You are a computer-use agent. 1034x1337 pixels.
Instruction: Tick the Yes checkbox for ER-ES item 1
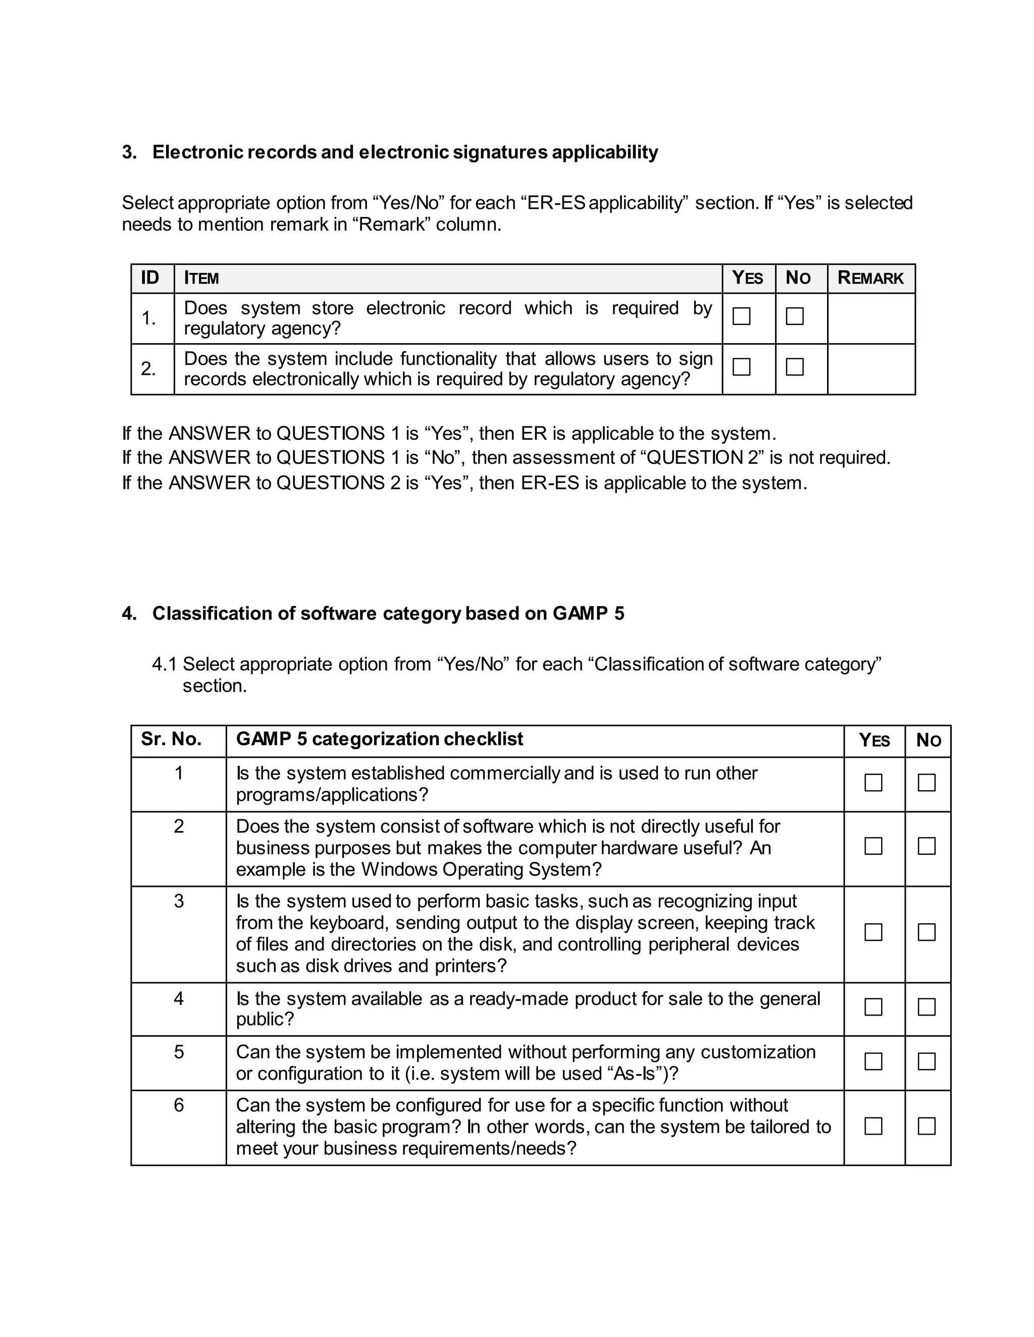pos(741,316)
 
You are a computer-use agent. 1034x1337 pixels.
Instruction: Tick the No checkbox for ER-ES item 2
pos(795,367)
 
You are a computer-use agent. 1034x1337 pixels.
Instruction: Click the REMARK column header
pos(870,278)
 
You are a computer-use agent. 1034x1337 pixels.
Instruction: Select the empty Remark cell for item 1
pos(870,318)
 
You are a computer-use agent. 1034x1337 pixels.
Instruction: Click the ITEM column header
pos(201,278)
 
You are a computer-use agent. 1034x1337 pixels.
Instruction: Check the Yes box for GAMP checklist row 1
pos(873,783)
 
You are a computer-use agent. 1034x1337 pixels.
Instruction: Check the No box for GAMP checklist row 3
pos(926,932)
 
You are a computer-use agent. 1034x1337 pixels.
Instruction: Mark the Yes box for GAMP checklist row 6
pos(873,1126)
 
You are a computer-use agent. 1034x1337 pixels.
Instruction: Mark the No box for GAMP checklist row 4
pos(926,1007)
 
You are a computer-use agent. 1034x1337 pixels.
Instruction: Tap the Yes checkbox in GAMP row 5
pos(873,1061)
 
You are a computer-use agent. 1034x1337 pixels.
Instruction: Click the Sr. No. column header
pos(171,739)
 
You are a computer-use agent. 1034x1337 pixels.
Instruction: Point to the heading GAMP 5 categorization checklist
pos(379,739)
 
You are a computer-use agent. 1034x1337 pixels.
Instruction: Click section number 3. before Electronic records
pos(129,152)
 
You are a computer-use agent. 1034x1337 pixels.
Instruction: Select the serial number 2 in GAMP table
pos(178,826)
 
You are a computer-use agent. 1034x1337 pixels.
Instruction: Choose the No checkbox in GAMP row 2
pos(926,846)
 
